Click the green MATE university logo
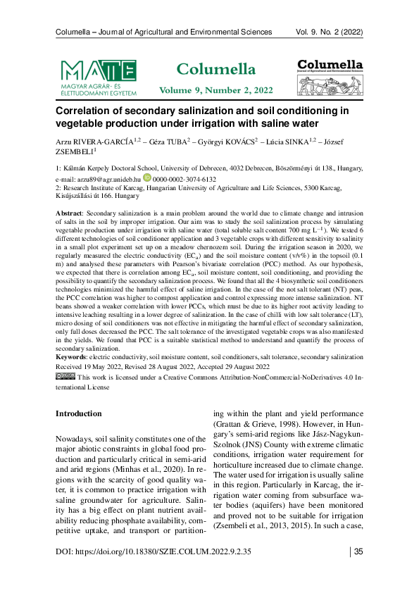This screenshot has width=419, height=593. click(x=98, y=77)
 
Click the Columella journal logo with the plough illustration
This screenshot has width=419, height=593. click(x=330, y=77)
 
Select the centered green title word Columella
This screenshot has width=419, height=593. click(x=215, y=69)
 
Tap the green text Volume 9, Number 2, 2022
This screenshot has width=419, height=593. click(x=215, y=91)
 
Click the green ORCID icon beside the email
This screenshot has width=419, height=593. click(x=147, y=179)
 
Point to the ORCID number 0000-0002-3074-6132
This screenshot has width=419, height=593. click(x=185, y=180)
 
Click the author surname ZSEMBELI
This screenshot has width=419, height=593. click(x=74, y=151)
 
